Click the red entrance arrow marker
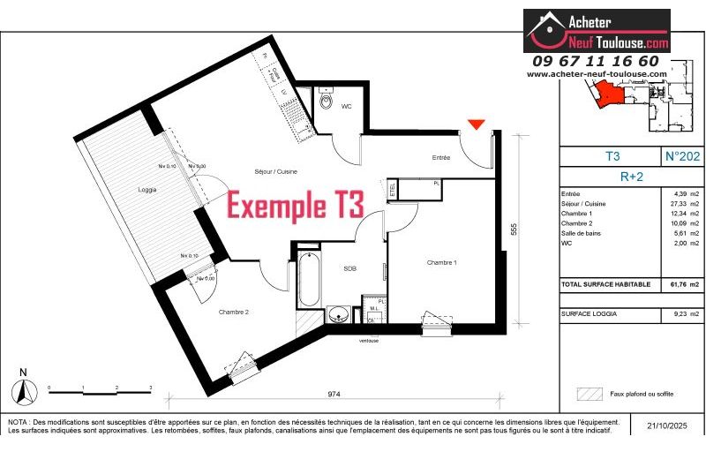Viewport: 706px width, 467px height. pyautogui.click(x=477, y=124)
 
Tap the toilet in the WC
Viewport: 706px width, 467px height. pyautogui.click(x=326, y=106)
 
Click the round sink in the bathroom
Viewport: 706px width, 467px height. pyautogui.click(x=336, y=314)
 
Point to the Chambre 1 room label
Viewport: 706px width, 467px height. pyautogui.click(x=441, y=262)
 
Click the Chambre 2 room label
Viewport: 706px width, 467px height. pyautogui.click(x=235, y=312)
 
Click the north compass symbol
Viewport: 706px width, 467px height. pyautogui.click(x=25, y=387)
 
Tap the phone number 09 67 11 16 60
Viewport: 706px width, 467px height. pyautogui.click(x=596, y=61)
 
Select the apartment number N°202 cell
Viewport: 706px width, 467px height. pyautogui.click(x=682, y=156)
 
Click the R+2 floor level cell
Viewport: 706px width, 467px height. pyautogui.click(x=632, y=176)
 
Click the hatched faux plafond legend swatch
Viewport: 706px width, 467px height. pyautogui.click(x=587, y=394)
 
